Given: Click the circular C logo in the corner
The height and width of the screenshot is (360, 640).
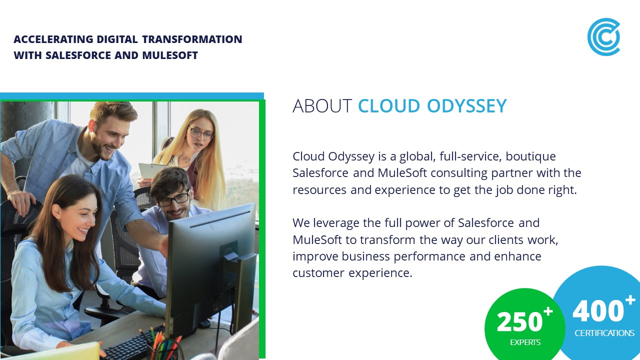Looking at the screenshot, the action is point(603,37).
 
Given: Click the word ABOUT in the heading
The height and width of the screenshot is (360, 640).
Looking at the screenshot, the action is point(322,106).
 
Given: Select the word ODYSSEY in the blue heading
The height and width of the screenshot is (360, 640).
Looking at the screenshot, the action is point(467,106).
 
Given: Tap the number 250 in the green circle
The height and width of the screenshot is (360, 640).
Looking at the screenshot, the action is point(519,321).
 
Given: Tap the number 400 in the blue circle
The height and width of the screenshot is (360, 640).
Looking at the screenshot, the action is point(598,310).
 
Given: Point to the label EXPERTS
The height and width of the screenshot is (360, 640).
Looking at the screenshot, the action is point(525,342).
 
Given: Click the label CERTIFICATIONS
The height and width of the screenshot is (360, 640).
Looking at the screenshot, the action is point(604,333).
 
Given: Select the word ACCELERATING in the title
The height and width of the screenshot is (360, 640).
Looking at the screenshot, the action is point(53,39).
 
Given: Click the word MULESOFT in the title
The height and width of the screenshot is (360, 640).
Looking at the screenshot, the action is point(170,55).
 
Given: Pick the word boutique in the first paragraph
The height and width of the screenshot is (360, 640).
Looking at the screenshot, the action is point(530,157).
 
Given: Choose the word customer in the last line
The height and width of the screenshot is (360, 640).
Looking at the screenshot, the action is point(318,273).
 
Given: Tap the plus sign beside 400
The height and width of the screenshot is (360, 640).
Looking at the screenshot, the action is point(630,300).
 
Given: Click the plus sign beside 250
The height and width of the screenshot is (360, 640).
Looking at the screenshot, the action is point(548,311).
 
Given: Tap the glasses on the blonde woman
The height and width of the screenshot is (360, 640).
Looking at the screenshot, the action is point(201,133).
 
